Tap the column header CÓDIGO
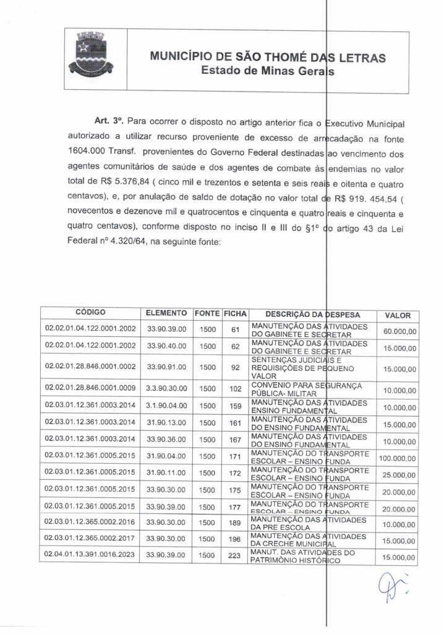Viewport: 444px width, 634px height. tap(90, 314)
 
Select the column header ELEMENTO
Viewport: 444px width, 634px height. tap(166, 314)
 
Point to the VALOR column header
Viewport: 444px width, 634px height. tap(398, 315)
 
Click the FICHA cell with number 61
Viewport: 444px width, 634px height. tap(235, 329)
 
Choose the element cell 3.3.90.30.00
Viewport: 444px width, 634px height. tap(166, 389)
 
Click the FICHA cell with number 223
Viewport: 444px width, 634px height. tap(235, 557)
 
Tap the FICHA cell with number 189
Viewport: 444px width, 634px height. tap(235, 523)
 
